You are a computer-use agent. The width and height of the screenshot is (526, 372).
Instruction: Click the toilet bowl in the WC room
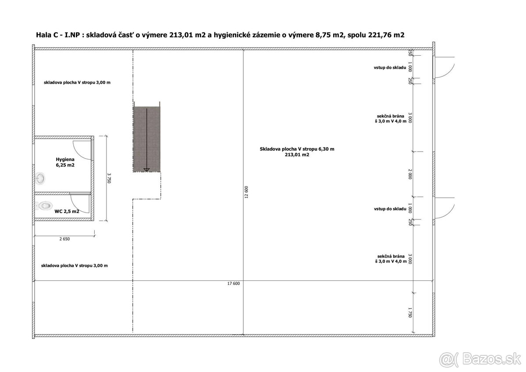(x=44, y=206)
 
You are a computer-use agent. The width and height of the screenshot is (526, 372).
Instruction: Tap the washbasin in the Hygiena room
(x=40, y=179)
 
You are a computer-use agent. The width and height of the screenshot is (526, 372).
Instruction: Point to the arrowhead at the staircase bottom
(x=146, y=170)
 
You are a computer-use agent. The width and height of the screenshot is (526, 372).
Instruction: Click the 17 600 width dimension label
(x=233, y=283)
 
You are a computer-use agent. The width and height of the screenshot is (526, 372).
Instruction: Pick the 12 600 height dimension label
(x=246, y=192)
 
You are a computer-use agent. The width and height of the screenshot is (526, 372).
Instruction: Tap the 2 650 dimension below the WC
(x=64, y=239)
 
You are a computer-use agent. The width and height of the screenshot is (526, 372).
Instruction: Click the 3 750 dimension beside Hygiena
(x=109, y=178)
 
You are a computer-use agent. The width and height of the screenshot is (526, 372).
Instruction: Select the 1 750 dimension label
(x=410, y=312)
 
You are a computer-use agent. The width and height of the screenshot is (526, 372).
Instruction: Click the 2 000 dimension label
(x=410, y=174)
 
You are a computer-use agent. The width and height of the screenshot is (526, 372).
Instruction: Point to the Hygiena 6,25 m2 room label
(x=65, y=162)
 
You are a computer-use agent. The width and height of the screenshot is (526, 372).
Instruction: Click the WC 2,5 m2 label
(x=67, y=212)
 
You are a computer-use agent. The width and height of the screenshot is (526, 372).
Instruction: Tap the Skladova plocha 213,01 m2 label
(x=297, y=152)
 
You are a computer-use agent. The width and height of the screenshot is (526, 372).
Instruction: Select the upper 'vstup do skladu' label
(x=390, y=67)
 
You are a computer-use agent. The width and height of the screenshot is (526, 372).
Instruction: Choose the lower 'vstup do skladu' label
(x=390, y=209)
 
